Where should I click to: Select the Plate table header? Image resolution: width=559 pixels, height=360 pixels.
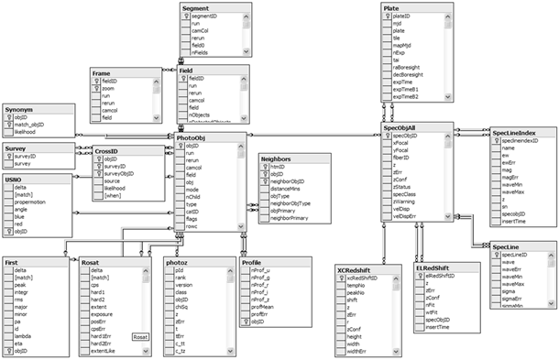click(391, 7)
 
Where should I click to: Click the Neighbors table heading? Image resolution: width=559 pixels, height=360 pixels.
click(276, 158)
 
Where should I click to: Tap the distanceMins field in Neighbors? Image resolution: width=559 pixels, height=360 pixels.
click(285, 189)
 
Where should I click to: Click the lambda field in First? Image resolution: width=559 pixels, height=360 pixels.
click(25, 336)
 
